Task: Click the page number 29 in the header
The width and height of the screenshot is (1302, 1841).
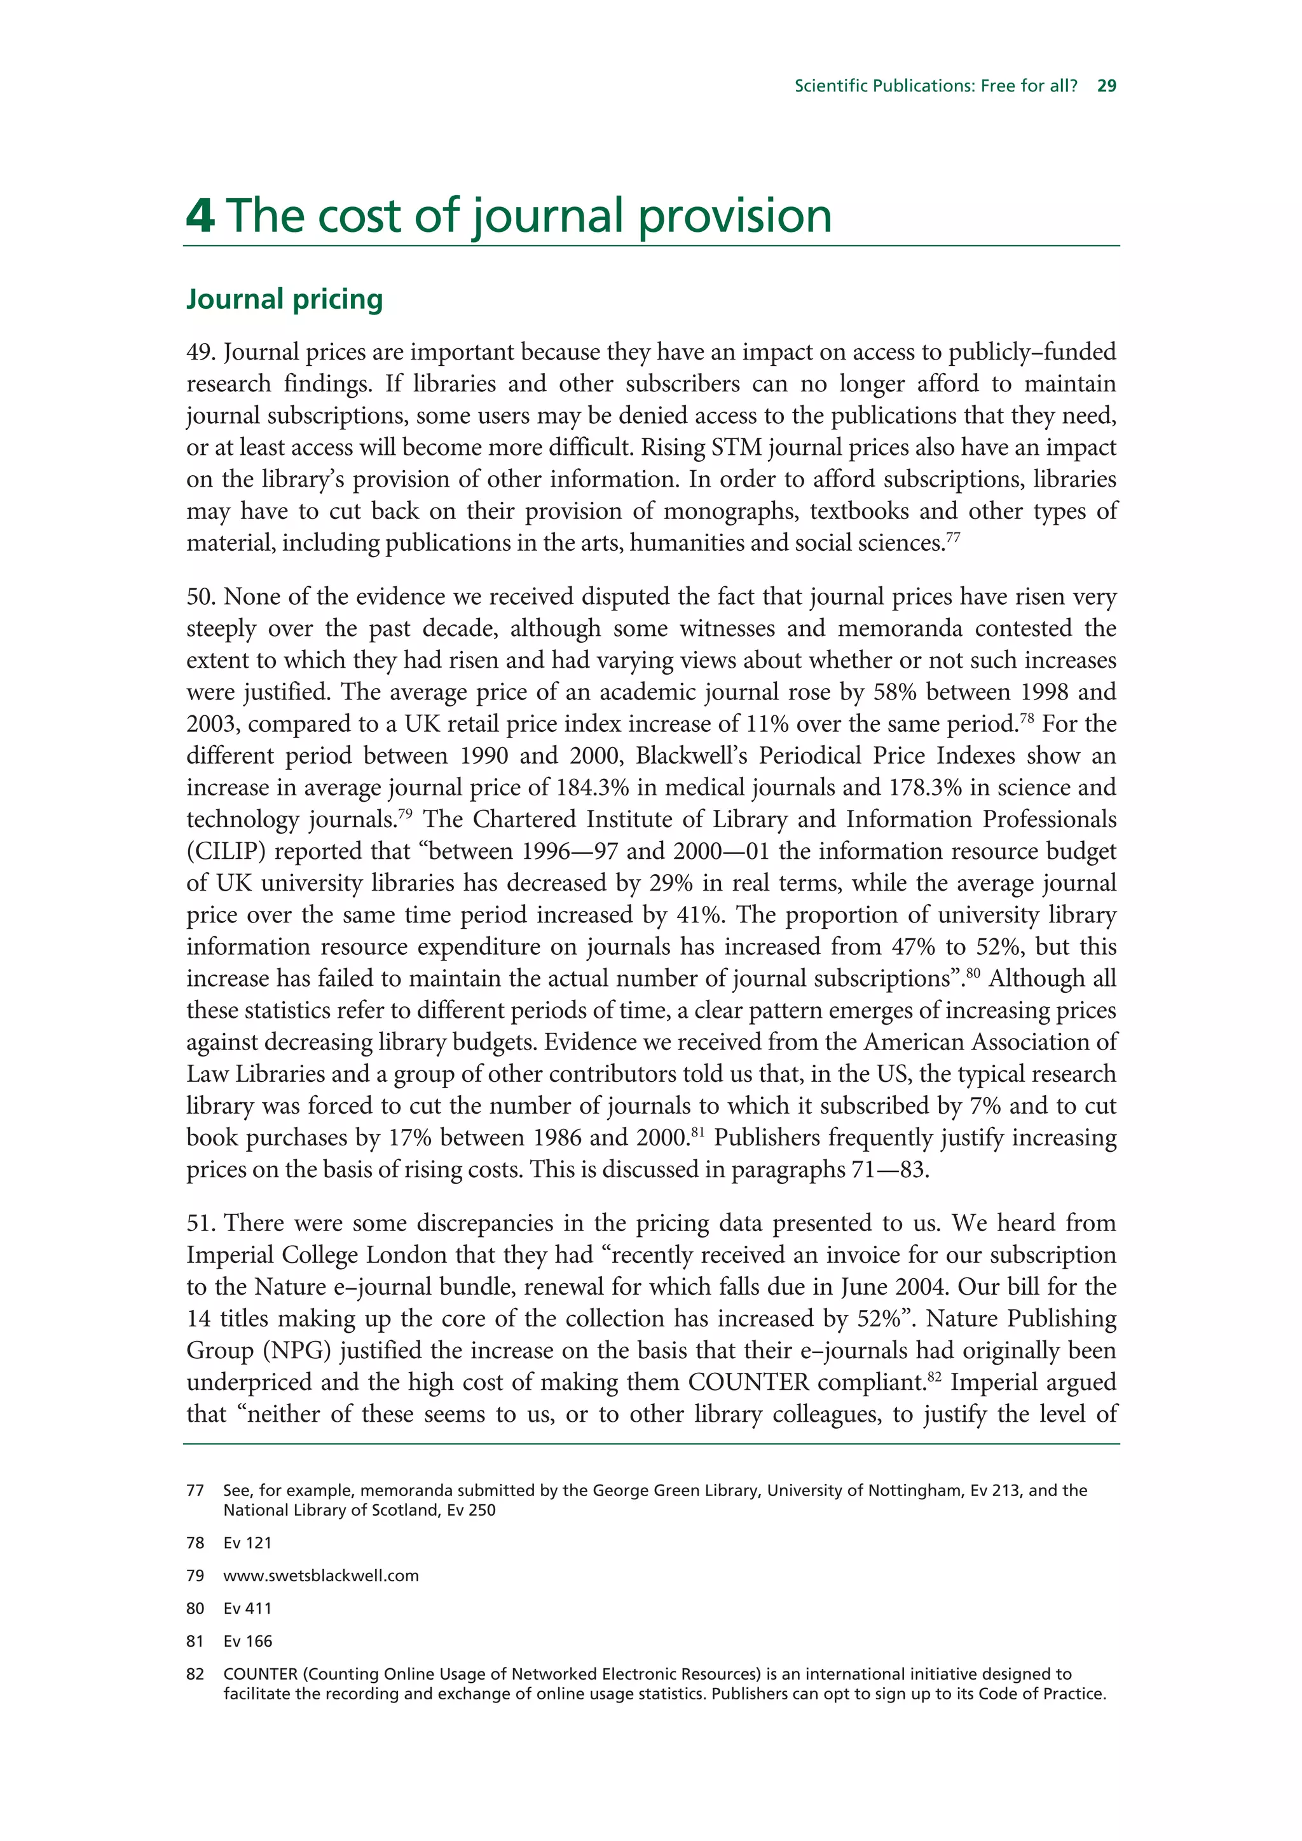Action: point(1106,86)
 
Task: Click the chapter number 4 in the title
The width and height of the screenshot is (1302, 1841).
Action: point(200,216)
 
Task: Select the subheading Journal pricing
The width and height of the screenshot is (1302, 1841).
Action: point(285,299)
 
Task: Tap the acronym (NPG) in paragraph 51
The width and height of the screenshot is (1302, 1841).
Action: point(297,1351)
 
